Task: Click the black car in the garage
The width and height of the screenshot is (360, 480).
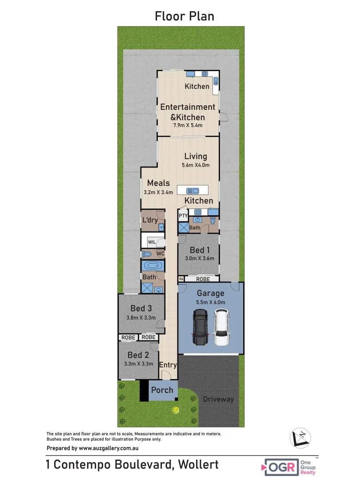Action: click(200, 328)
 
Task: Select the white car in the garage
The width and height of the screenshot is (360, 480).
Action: click(221, 328)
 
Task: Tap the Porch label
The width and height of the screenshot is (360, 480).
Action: click(162, 390)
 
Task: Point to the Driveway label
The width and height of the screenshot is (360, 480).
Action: click(218, 399)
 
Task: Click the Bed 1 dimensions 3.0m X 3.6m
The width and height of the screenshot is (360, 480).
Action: click(199, 258)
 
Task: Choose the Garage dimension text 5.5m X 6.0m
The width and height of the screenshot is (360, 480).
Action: click(211, 302)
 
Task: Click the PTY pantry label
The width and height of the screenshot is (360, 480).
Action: click(183, 216)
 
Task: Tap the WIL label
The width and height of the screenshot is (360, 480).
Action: click(152, 242)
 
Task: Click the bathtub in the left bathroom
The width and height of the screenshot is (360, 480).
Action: click(152, 267)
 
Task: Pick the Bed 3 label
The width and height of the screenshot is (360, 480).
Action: click(141, 308)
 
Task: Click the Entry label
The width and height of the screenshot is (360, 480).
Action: click(168, 365)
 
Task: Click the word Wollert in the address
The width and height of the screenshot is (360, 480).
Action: click(198, 465)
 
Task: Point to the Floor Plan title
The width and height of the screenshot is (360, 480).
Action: click(184, 16)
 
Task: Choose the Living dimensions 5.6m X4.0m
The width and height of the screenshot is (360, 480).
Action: click(196, 165)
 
